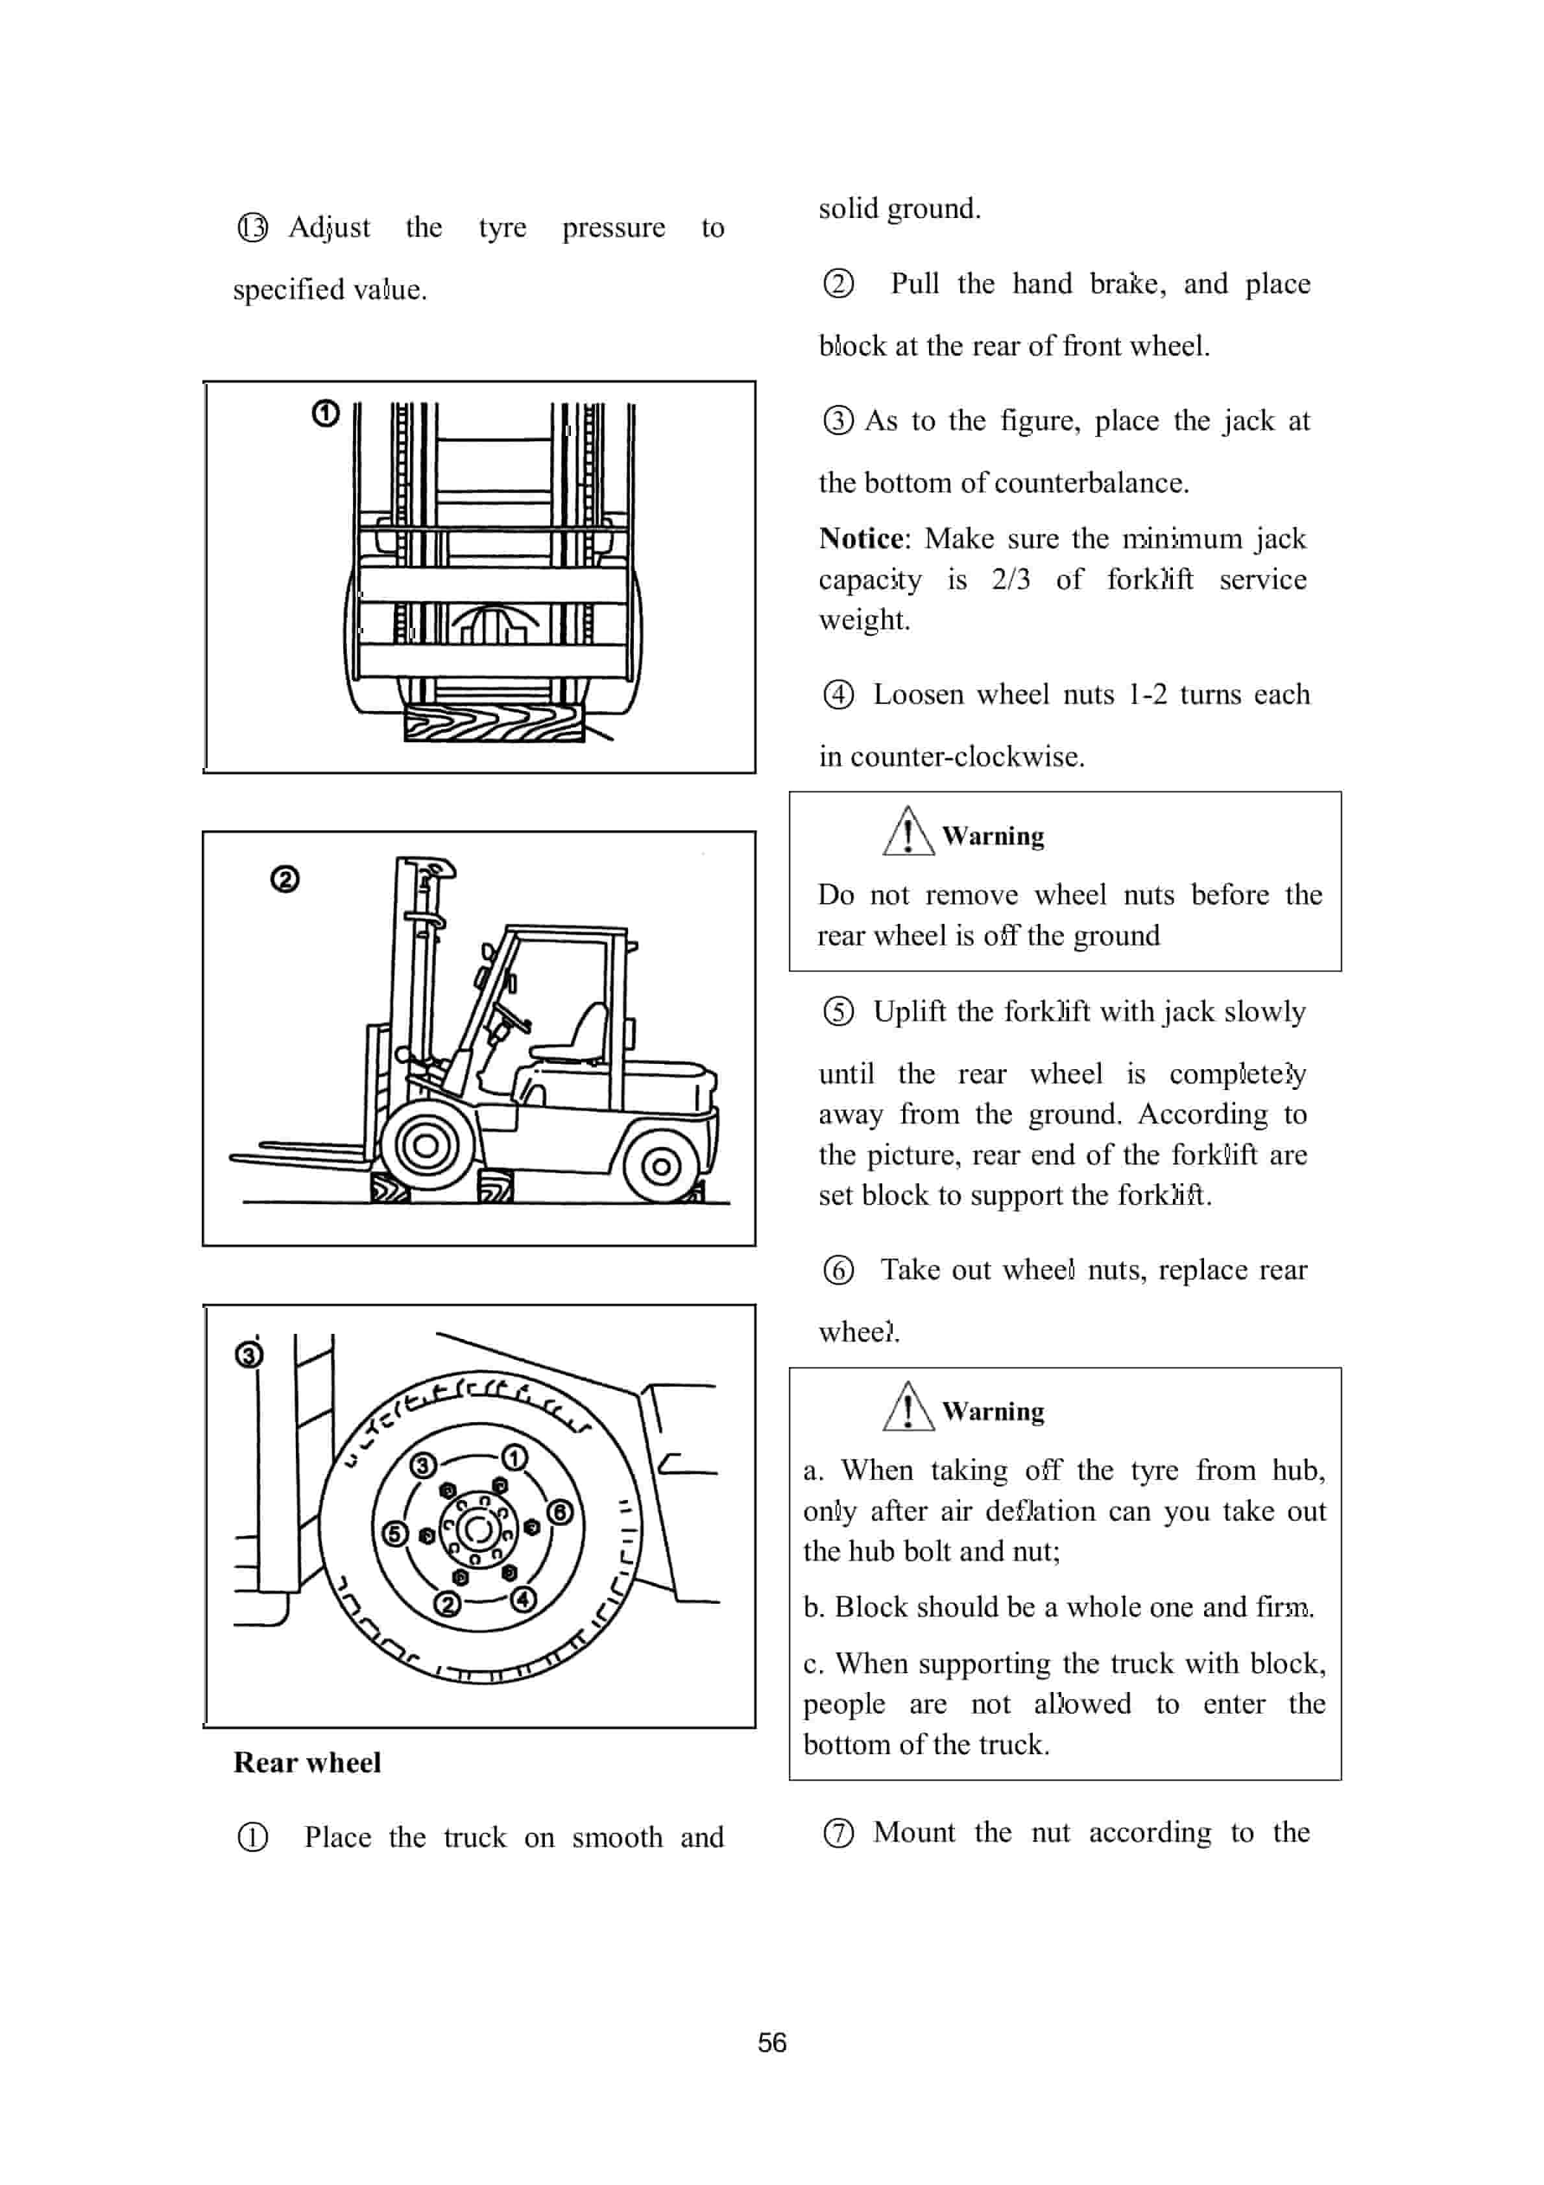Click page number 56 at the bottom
click(771, 2042)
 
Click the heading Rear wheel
click(306, 1763)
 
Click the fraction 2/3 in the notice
click(1010, 579)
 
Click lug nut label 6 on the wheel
click(560, 1512)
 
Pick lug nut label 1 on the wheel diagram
click(514, 1458)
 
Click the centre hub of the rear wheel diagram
click(478, 1529)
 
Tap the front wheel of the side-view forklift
click(426, 1145)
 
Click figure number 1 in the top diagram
click(326, 414)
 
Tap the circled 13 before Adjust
click(252, 228)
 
